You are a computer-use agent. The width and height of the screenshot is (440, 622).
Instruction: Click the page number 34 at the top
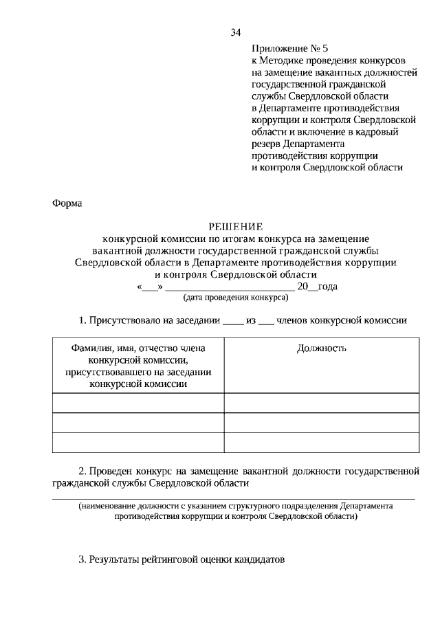(236, 32)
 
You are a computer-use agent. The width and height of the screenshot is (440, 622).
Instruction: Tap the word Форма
(67, 203)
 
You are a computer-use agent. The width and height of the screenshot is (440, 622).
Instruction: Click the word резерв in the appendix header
(267, 143)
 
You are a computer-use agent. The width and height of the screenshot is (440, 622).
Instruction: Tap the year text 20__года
(317, 287)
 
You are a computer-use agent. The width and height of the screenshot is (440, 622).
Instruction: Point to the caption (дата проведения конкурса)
(236, 298)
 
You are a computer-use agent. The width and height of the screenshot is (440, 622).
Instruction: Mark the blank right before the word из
(233, 320)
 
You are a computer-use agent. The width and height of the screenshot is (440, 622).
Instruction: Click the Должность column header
(321, 348)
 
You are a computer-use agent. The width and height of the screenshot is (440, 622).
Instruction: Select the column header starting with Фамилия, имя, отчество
(138, 366)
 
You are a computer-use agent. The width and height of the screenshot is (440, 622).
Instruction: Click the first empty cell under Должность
(321, 403)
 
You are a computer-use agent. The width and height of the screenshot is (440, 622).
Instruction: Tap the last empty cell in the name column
(138, 442)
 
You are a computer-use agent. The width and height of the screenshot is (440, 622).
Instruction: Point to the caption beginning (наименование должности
(236, 510)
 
